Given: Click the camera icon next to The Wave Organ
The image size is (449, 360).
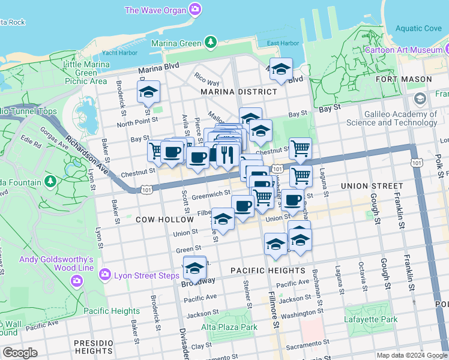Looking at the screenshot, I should pyautogui.click(x=194, y=10).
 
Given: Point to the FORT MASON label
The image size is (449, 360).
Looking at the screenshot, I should pyautogui.click(x=403, y=79).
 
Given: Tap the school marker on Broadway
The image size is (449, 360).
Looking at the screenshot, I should pyautogui.click(x=194, y=269).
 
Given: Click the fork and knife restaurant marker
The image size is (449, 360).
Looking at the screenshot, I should pyautogui.click(x=227, y=155).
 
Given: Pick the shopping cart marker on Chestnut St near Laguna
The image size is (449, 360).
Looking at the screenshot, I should pyautogui.click(x=300, y=147).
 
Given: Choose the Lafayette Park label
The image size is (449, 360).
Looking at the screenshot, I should pyautogui.click(x=370, y=319).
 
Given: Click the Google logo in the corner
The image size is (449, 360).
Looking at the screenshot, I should pyautogui.click(x=20, y=353).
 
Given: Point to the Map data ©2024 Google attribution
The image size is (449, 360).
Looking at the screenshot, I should pyautogui.click(x=412, y=355).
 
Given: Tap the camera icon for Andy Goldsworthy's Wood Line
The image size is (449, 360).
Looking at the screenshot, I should pyautogui.click(x=76, y=281).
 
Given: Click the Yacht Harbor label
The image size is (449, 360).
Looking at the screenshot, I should pyautogui.click(x=119, y=52).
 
